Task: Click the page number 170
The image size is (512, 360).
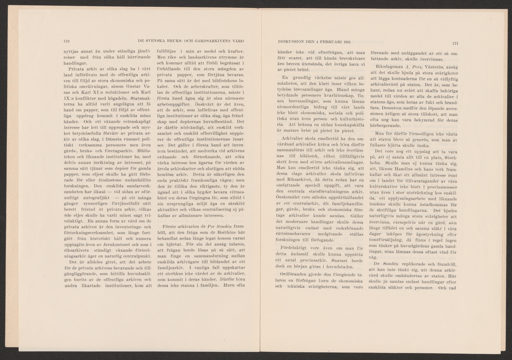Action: coord(66,41)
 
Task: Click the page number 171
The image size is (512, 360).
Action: coord(454,43)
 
